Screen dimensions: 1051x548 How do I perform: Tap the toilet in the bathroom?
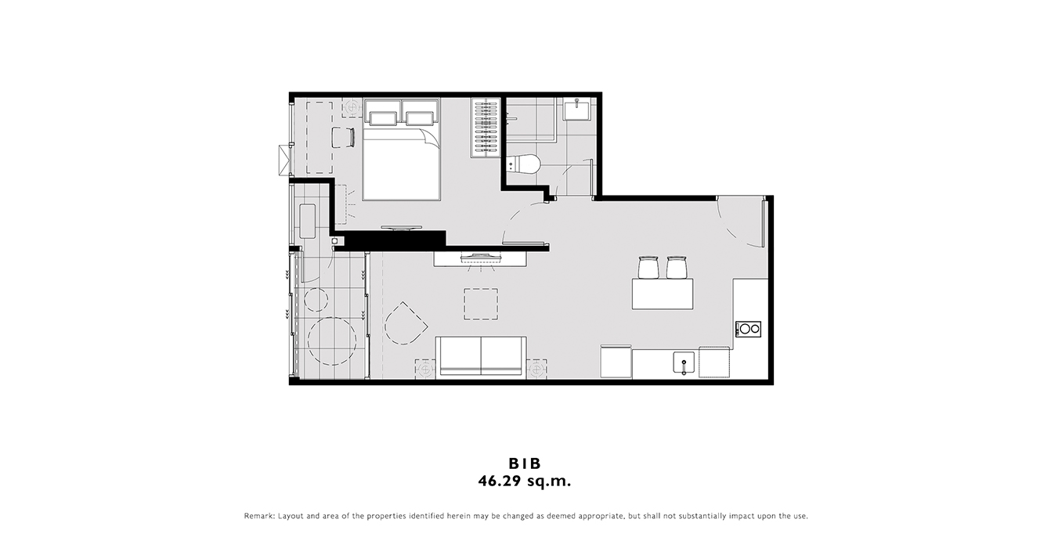(x=525, y=164)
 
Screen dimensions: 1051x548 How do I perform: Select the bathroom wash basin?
(x=576, y=110)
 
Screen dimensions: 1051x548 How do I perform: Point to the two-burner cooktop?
(x=749, y=329)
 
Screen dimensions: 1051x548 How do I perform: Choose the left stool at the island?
(x=648, y=268)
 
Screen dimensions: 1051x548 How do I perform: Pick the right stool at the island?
(x=676, y=268)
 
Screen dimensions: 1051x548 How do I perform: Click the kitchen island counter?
(x=663, y=294)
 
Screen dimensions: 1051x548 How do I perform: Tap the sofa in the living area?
(x=481, y=356)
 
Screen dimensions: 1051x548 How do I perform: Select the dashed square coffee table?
(x=481, y=304)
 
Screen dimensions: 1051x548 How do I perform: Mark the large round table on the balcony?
(x=332, y=341)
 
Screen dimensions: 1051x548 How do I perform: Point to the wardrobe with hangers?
(x=486, y=128)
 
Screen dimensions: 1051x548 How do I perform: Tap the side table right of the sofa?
(x=536, y=370)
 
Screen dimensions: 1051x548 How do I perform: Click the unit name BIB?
(x=525, y=463)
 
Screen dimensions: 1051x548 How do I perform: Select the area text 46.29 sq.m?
(x=525, y=481)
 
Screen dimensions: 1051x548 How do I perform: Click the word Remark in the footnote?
(x=259, y=516)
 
